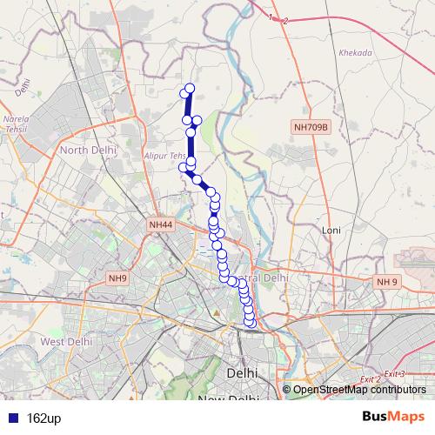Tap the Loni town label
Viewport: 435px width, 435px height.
pos(331,231)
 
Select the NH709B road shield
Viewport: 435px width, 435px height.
pos(311,128)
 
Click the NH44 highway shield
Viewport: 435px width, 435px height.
pos(161,224)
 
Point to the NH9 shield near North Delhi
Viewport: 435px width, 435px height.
pos(117,278)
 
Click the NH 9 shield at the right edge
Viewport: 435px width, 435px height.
pos(386,282)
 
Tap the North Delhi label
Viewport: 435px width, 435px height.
pos(85,150)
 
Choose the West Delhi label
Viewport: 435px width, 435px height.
pos(66,342)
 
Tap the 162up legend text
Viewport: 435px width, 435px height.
pos(41,418)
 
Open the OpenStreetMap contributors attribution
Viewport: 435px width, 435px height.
pos(358,389)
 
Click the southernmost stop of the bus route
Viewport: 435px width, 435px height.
pos(251,324)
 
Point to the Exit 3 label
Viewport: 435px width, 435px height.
pos(395,373)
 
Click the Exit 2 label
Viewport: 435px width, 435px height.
pos(371,380)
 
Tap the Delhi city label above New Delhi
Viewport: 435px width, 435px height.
pos(241,371)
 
